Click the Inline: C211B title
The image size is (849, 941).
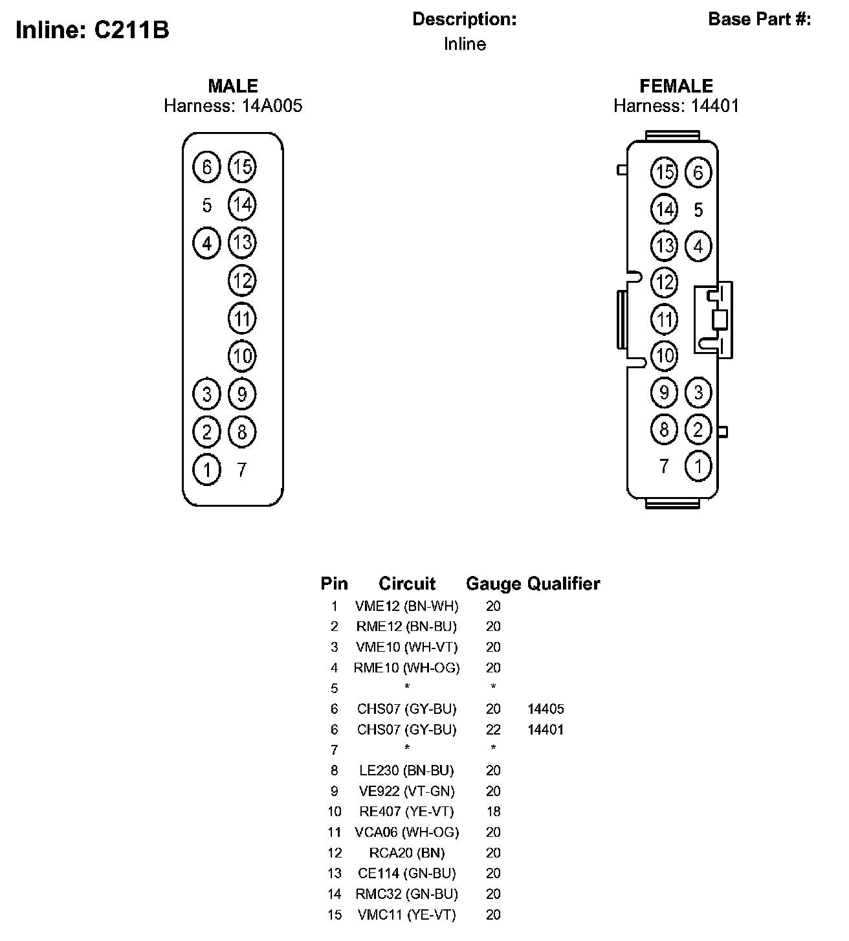pos(92,30)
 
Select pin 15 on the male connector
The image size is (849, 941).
pos(242,168)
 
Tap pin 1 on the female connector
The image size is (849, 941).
pos(698,466)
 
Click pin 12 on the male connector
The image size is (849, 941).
pos(242,281)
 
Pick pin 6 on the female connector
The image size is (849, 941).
pos(698,173)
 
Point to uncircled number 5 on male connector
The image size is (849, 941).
pos(207,206)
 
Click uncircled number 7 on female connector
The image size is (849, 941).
pos(663,466)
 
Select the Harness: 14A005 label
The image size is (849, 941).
pos(233,105)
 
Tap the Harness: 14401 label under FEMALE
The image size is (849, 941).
pos(676,105)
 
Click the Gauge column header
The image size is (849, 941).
pos(493,584)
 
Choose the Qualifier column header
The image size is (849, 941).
pos(564,584)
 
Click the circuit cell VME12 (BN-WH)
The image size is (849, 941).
pos(407,606)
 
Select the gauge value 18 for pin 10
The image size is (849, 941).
pos(493,812)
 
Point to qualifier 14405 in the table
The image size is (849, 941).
pos(546,709)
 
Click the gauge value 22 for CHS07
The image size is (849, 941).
pos(493,730)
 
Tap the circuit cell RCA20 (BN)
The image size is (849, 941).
pos(407,853)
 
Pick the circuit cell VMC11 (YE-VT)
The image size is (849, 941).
pos(407,915)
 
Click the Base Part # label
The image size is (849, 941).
pos(760,19)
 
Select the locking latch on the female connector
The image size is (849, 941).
pos(714,319)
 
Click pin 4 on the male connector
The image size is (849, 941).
pos(207,243)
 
